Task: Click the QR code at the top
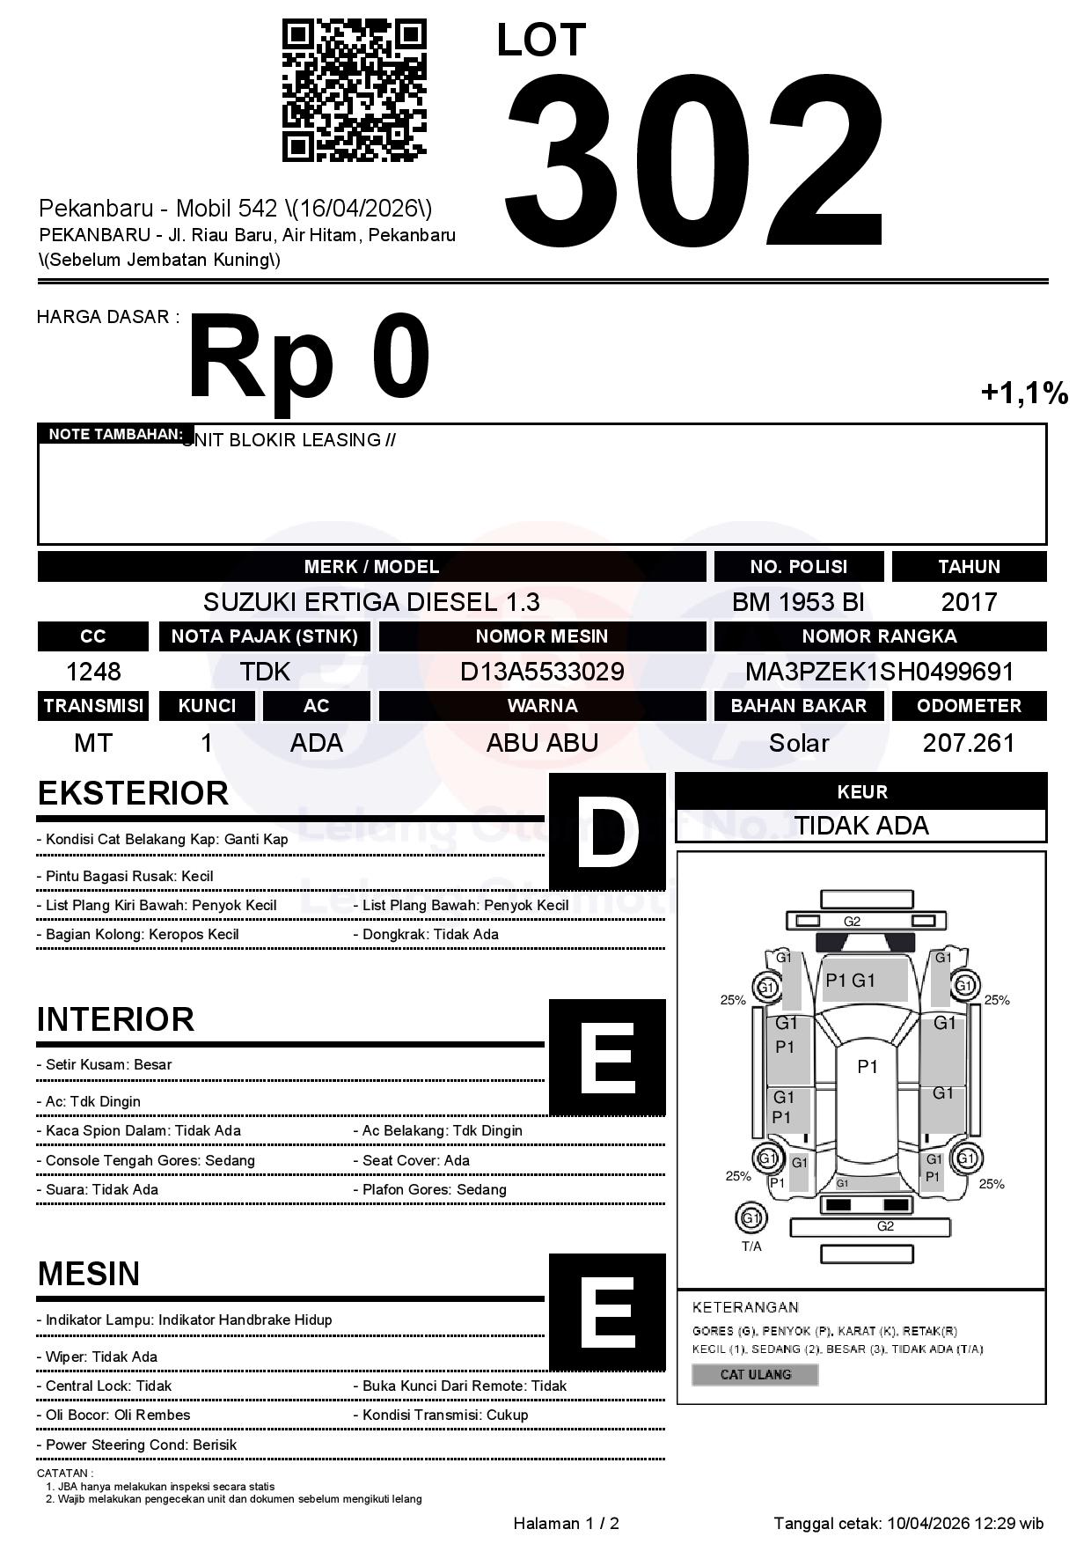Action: tap(354, 91)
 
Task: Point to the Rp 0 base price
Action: tap(308, 359)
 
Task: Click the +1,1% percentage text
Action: tap(1024, 393)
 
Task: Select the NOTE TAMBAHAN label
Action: tap(115, 434)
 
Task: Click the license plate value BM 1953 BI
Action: tap(798, 602)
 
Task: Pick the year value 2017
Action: tap(969, 602)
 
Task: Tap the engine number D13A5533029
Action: tap(542, 672)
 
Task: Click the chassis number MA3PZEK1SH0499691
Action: tap(880, 672)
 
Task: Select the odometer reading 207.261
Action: tap(969, 743)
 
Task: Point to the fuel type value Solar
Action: tap(798, 743)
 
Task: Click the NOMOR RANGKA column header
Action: tap(880, 636)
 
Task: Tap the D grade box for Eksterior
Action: tap(607, 831)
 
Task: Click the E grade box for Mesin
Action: tap(607, 1312)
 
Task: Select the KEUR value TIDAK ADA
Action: tap(861, 826)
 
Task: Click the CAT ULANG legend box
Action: tap(755, 1374)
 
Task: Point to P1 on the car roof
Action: tap(868, 1067)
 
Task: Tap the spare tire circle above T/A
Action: tap(751, 1218)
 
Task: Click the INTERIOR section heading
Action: tap(115, 1019)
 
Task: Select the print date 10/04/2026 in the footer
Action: tap(928, 1523)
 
